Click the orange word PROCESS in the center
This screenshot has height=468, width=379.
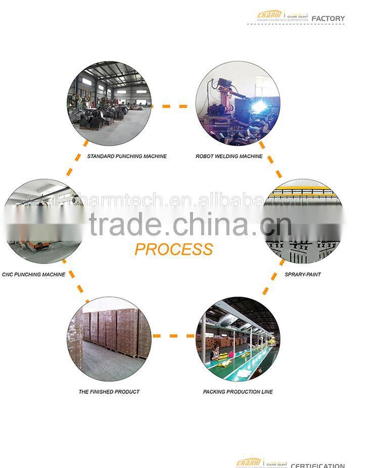[x=173, y=249]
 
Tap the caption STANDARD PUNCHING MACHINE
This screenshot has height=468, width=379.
[x=127, y=156]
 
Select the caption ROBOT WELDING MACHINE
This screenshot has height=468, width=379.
[x=229, y=156]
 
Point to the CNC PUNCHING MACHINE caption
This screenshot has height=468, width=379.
[x=33, y=275]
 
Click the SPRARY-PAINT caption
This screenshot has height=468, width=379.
[x=303, y=275]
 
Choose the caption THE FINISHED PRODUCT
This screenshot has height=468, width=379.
[x=109, y=392]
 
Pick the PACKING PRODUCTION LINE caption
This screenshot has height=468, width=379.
[x=238, y=392]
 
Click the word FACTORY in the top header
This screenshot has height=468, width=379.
[x=328, y=19]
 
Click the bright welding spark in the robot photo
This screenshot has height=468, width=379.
[x=260, y=106]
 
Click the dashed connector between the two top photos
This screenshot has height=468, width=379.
[x=173, y=106]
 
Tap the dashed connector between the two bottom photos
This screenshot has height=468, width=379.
[x=173, y=335]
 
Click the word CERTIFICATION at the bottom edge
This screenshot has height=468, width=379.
[x=317, y=465]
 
